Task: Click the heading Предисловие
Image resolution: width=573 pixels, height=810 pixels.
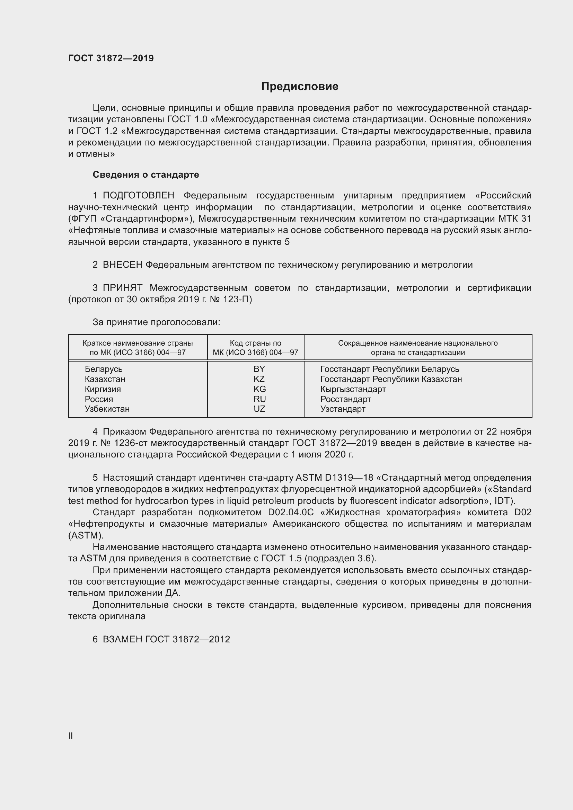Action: point(300,87)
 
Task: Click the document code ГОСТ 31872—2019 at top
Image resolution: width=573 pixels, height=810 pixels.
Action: point(111,58)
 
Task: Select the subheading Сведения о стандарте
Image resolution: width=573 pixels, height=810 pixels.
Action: point(146,175)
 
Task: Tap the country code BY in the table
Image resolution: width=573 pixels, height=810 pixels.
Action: point(259,369)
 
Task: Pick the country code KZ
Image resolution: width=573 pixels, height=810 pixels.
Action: point(259,379)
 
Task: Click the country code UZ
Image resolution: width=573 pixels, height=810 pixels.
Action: point(259,409)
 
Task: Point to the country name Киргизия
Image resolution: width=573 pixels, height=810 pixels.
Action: point(103,389)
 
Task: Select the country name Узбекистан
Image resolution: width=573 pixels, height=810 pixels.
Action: point(107,409)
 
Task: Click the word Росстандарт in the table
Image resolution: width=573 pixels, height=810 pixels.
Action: point(345,399)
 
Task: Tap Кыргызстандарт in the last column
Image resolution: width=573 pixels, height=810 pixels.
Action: point(353,389)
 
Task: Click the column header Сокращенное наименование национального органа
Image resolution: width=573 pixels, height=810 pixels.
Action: point(418,347)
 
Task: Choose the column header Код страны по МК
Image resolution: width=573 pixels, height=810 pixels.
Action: point(255,347)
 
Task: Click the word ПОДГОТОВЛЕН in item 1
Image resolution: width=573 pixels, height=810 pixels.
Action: point(138,195)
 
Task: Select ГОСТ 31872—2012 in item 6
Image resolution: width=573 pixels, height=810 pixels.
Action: point(187,639)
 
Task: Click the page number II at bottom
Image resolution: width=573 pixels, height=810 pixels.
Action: point(71,736)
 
